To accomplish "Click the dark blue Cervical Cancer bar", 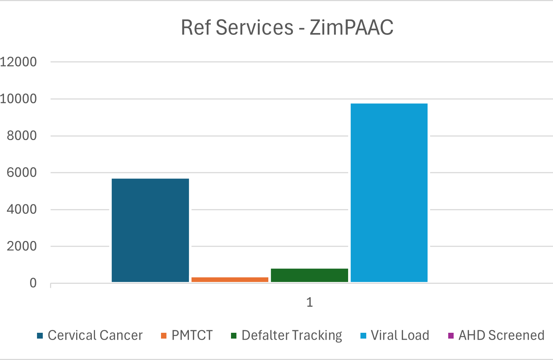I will click(x=150, y=230).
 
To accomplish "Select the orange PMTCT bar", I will click(x=230, y=279).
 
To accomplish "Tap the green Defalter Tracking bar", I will click(x=309, y=275).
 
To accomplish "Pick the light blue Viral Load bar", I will click(x=389, y=192).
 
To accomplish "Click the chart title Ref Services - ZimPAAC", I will click(x=287, y=28).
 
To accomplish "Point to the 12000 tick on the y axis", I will click(x=18, y=62).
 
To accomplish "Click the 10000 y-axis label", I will click(x=18, y=99).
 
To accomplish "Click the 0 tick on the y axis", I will click(x=33, y=283).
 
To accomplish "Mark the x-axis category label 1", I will click(x=309, y=302).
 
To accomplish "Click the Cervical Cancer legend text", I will click(x=95, y=335).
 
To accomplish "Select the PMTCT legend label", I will click(x=192, y=335).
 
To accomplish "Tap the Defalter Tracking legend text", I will click(x=292, y=335).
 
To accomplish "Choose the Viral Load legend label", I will click(x=400, y=335).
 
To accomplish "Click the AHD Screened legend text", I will click(x=502, y=335).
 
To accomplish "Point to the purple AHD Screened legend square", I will click(x=451, y=336).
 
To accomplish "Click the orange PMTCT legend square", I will click(x=164, y=336).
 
